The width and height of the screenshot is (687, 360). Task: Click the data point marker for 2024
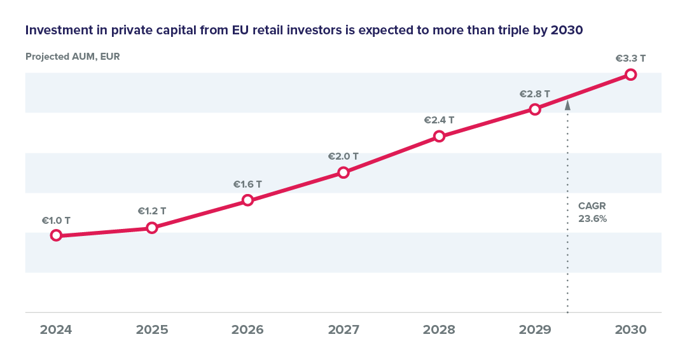pyautogui.click(x=56, y=235)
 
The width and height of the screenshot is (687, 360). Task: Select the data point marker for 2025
pyautogui.click(x=151, y=227)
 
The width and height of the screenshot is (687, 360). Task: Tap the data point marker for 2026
pyautogui.click(x=248, y=200)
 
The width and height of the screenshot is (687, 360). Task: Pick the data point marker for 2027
pyautogui.click(x=343, y=172)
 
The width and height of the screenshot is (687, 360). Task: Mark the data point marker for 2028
pyautogui.click(x=439, y=135)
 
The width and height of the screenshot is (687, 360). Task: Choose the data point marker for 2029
pyautogui.click(x=535, y=109)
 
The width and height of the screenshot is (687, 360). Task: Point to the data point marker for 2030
pyautogui.click(x=630, y=74)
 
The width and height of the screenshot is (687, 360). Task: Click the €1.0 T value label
pyautogui.click(x=56, y=221)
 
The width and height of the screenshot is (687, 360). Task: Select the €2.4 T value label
pyautogui.click(x=439, y=120)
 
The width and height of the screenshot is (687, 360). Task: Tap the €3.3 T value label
pyautogui.click(x=630, y=59)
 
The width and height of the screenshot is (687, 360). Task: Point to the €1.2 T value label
pyautogui.click(x=152, y=211)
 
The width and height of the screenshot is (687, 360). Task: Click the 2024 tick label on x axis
pyautogui.click(x=56, y=330)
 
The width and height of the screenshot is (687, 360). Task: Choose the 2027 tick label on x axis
pyautogui.click(x=343, y=330)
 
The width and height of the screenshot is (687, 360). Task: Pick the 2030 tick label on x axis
pyautogui.click(x=630, y=330)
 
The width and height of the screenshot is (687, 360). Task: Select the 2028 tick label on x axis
pyautogui.click(x=439, y=330)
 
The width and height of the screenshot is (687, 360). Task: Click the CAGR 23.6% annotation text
pyautogui.click(x=592, y=212)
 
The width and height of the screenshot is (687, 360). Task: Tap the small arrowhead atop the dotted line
pyautogui.click(x=567, y=106)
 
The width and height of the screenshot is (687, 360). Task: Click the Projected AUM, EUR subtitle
pyautogui.click(x=73, y=57)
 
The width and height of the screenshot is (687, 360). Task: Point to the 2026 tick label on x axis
pyautogui.click(x=247, y=330)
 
